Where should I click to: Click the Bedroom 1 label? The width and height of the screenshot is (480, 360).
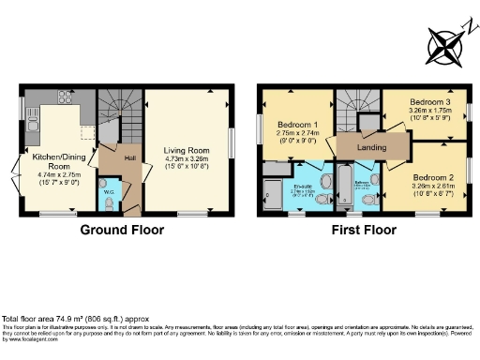pyautogui.click(x=298, y=126)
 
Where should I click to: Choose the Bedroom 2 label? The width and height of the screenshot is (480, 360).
pyautogui.click(x=433, y=176)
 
